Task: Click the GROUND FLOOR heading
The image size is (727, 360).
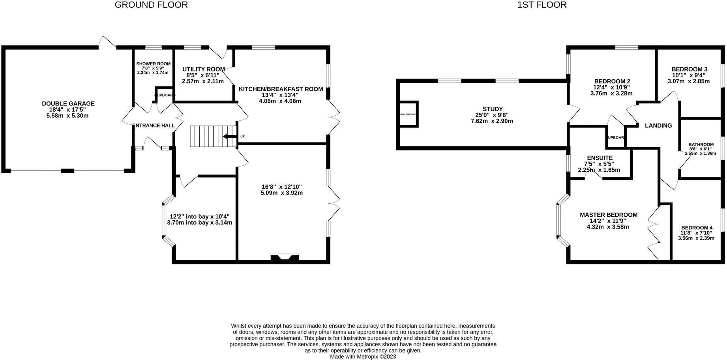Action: coord(151,5)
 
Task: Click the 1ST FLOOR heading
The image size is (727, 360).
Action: coord(542,5)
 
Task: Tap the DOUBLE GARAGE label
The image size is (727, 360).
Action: coord(68,104)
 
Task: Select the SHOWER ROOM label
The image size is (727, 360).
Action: coord(153,64)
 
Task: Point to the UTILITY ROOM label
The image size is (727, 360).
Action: coord(203,69)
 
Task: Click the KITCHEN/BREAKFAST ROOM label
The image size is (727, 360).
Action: coord(281,89)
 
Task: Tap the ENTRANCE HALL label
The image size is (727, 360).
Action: coord(153,126)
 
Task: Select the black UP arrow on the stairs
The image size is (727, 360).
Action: coord(229,137)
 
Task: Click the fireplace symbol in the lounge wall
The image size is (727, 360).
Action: coord(284,257)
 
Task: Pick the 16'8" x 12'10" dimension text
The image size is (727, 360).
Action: coord(281,187)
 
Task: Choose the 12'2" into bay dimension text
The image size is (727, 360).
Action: coord(199,217)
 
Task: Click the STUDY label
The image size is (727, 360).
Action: coord(493,109)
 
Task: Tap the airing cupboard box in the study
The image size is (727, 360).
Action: coord(408,114)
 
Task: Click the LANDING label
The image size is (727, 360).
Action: coord(658,126)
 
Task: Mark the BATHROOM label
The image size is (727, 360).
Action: coord(701,144)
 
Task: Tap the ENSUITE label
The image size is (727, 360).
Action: coord(600,158)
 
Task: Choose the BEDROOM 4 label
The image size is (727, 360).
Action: coord(697,228)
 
